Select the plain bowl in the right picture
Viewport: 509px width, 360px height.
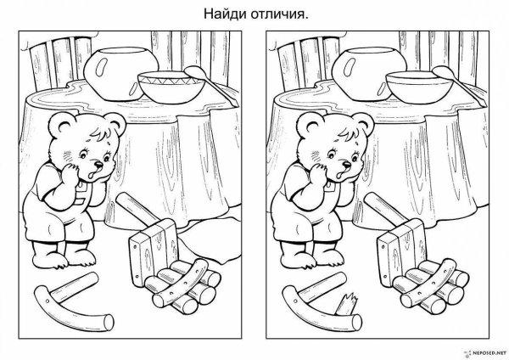pyautogui.click(x=417, y=85)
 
